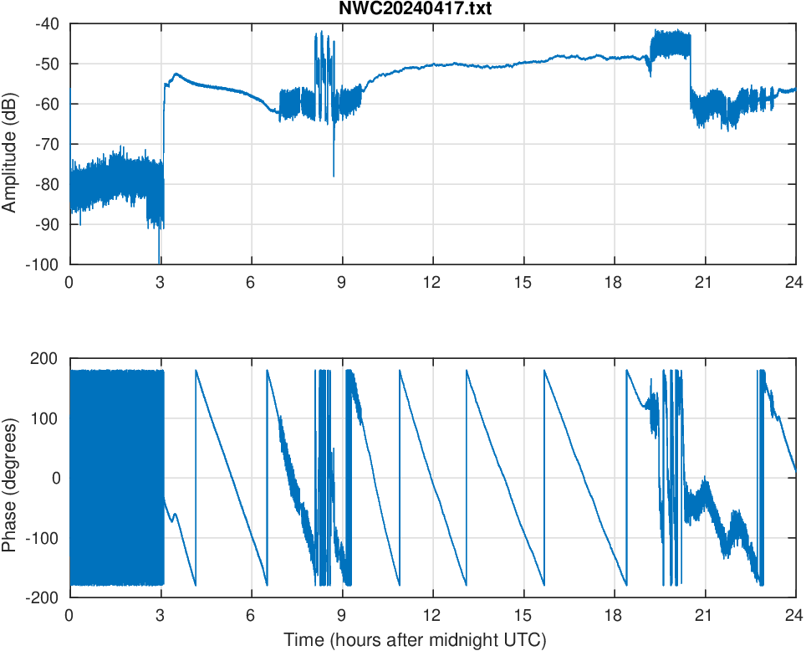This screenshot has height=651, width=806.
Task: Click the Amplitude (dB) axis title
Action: pyautogui.click(x=10, y=144)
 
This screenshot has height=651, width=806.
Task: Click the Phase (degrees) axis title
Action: pyautogui.click(x=10, y=478)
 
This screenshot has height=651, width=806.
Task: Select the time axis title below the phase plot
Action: pyautogui.click(x=415, y=640)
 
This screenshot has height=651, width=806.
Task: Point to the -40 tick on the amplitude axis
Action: pyautogui.click(x=47, y=23)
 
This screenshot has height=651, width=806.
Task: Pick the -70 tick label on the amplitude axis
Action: pyautogui.click(x=47, y=144)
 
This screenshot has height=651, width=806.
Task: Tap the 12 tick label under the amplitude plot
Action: pyautogui.click(x=432, y=282)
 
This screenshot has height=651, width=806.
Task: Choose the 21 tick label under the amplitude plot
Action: pyautogui.click(x=704, y=282)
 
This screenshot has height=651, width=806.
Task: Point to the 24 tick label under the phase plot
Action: pyautogui.click(x=794, y=615)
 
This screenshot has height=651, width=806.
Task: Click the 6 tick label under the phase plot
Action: pyautogui.click(x=251, y=615)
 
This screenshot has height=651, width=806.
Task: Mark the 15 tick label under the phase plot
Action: pyautogui.click(x=523, y=615)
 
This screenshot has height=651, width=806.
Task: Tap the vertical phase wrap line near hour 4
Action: pyautogui.click(x=196, y=477)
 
